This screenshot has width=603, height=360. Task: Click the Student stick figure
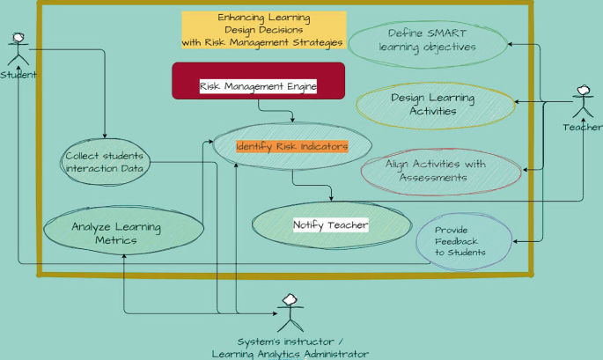[18, 49]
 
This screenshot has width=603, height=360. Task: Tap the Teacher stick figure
[583, 102]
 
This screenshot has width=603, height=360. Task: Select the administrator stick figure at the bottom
[290, 314]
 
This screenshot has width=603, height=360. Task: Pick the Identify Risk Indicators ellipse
[292, 146]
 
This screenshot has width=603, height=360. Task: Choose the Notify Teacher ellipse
[330, 225]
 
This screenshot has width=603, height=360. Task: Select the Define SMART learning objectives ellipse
[428, 40]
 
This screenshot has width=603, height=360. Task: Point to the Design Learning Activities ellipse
[434, 105]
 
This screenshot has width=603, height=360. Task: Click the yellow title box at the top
[263, 30]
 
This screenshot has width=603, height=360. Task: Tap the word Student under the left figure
[18, 75]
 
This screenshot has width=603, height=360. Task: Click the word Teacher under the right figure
[583, 128]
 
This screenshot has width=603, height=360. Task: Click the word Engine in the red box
[297, 86]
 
